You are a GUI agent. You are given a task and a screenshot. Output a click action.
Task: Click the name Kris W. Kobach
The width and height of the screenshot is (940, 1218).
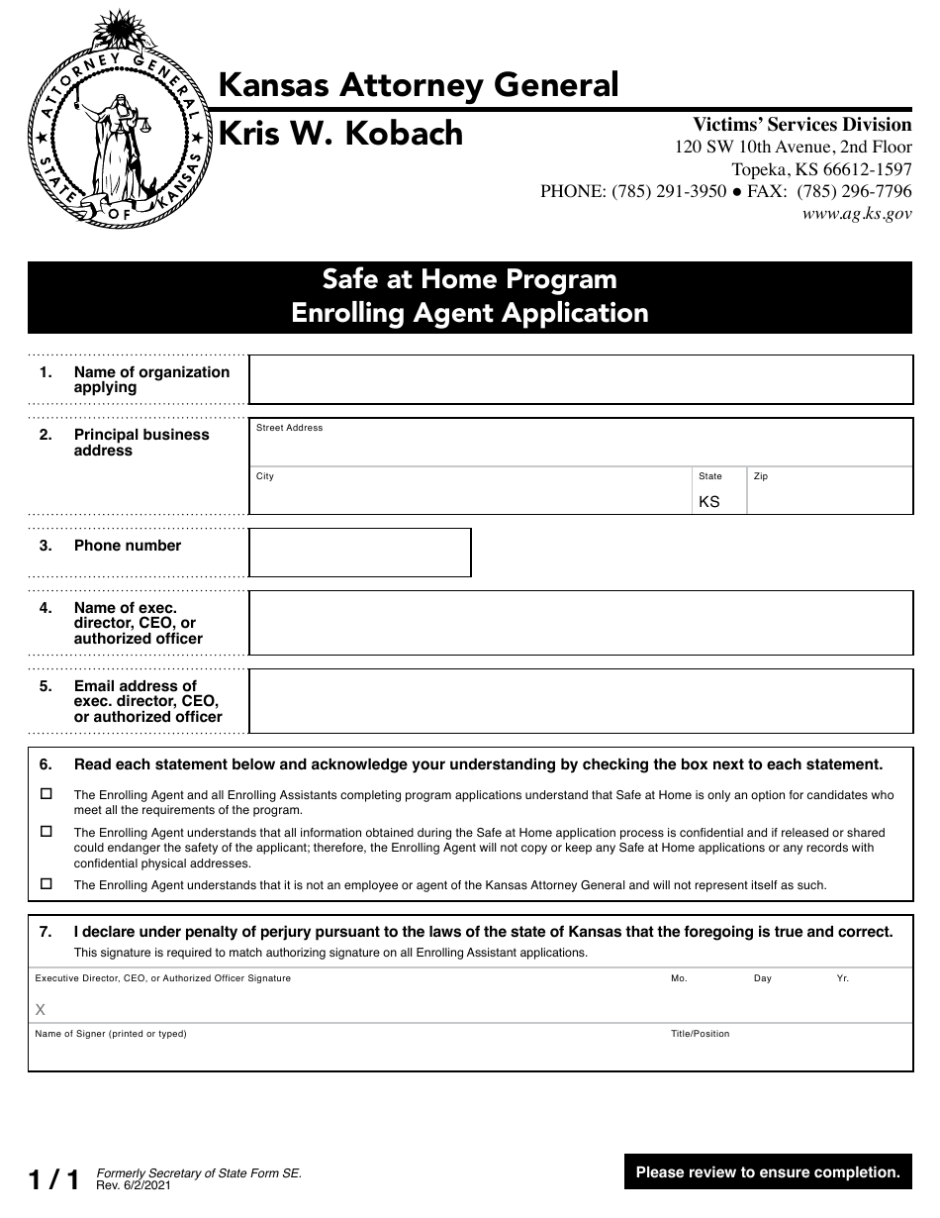tap(339, 134)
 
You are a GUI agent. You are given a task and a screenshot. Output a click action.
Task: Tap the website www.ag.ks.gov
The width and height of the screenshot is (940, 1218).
tap(856, 213)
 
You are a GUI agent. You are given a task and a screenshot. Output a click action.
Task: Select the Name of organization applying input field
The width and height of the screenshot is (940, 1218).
tap(580, 379)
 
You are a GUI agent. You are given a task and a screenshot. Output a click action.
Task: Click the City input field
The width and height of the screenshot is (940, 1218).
tap(470, 496)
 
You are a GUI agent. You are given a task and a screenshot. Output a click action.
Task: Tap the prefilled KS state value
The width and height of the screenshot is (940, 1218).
tap(709, 502)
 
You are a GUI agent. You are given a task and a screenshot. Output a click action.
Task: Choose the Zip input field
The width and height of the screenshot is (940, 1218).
tap(829, 496)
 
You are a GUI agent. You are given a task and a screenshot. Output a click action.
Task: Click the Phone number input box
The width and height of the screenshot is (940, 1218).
tap(359, 553)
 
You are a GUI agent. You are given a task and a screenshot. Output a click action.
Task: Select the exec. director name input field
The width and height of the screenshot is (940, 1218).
tap(580, 623)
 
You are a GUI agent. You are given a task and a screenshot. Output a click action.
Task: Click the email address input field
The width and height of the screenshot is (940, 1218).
tap(580, 701)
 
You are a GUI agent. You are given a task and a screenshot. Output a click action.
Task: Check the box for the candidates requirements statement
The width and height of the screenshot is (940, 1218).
tap(47, 794)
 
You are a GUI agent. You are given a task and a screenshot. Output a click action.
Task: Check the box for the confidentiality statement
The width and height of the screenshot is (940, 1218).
tap(47, 832)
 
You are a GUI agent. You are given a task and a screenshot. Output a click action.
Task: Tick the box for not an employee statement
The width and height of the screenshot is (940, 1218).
tap(47, 883)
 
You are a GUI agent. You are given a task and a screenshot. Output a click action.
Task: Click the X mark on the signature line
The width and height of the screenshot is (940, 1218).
tap(41, 1010)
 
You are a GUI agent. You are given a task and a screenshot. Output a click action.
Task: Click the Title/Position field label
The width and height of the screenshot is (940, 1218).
tap(700, 1034)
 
